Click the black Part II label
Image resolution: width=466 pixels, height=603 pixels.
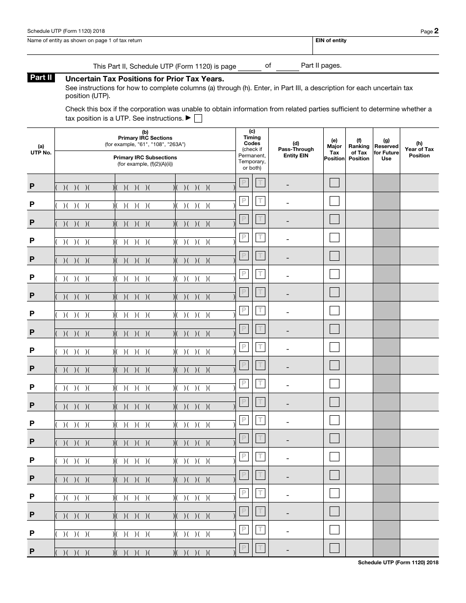[41, 78]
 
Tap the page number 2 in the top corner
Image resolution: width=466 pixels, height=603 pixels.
[436, 31]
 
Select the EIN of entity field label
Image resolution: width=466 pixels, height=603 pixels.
[331, 41]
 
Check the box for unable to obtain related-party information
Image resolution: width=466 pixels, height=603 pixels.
[198, 119]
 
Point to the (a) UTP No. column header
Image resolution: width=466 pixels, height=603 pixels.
[41, 150]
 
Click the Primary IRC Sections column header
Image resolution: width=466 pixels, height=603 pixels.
[145, 138]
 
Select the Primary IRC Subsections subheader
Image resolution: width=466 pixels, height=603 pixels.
[145, 160]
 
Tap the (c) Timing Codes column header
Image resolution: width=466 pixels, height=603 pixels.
[252, 137]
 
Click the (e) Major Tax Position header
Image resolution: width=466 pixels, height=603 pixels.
[334, 150]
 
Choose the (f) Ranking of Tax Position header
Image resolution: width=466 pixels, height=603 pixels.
[359, 150]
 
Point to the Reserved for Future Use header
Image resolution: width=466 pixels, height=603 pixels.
[386, 150]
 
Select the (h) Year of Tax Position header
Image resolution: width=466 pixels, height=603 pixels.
[419, 150]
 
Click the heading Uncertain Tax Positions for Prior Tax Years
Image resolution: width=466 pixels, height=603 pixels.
[145, 79]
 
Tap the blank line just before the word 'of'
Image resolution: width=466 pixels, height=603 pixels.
[250, 68]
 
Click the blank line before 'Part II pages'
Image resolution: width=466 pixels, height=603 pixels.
[287, 68]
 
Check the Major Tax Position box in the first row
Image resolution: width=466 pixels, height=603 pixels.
[334, 183]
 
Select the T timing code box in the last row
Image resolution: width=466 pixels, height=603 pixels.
[260, 548]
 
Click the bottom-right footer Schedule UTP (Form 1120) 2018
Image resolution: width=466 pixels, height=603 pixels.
[398, 563]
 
